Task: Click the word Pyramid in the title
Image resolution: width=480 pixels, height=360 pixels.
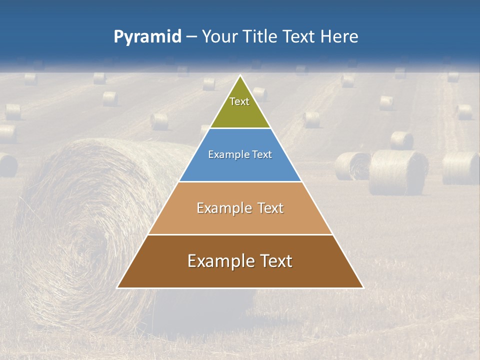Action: pyautogui.click(x=147, y=36)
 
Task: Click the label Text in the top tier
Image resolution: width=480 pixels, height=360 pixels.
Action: pyautogui.click(x=239, y=101)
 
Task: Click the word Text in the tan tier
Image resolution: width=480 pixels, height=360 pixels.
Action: pyautogui.click(x=269, y=208)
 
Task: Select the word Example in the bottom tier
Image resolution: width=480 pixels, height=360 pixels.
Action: pyautogui.click(x=220, y=261)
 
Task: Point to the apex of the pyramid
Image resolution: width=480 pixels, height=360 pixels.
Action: pyautogui.click(x=240, y=76)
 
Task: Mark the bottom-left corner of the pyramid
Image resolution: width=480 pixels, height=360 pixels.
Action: pyautogui.click(x=118, y=287)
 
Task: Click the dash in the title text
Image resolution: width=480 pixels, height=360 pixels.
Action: pyautogui.click(x=191, y=36)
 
